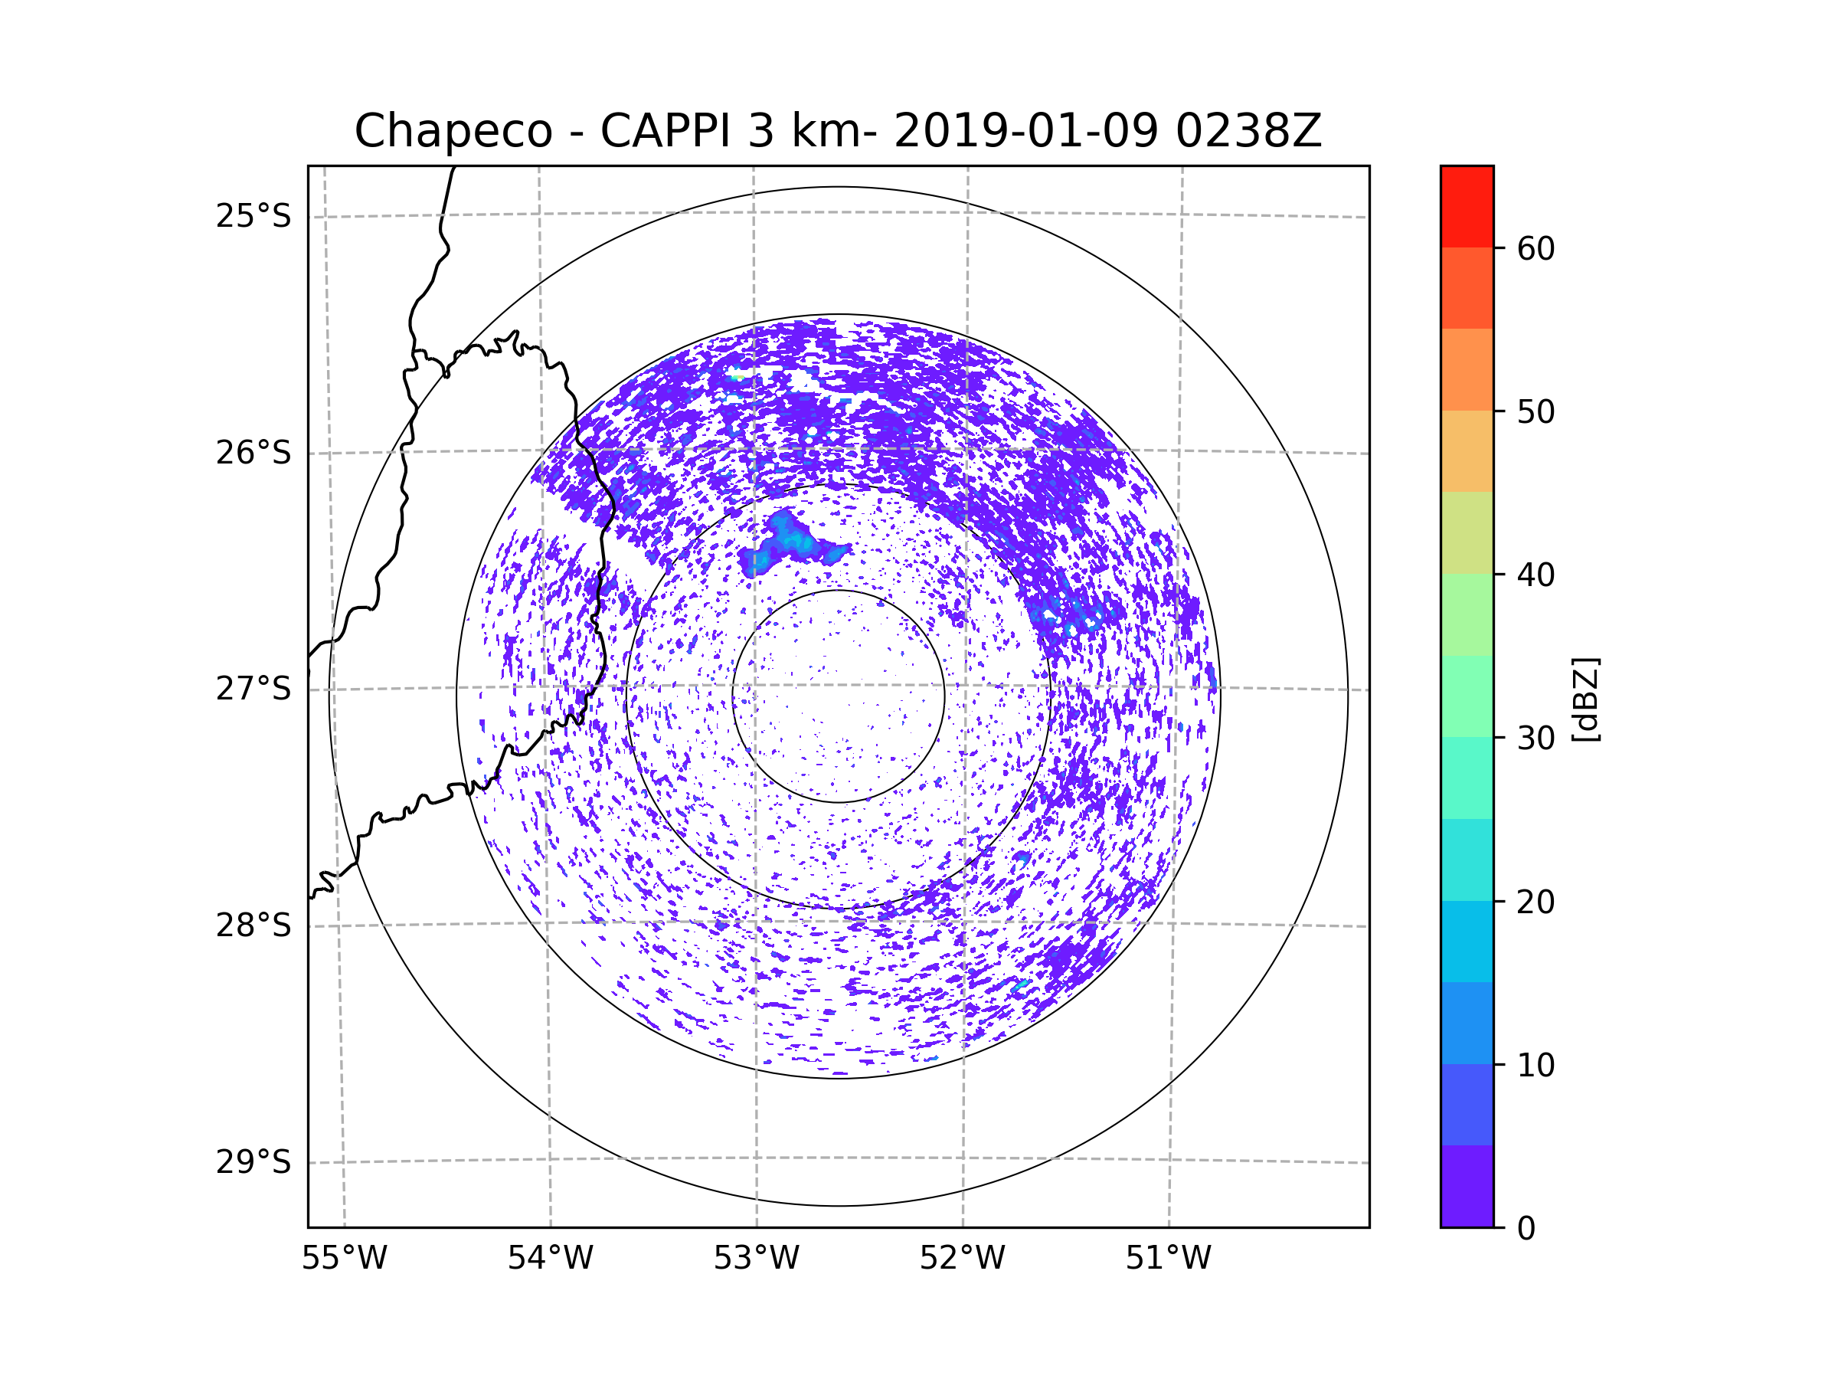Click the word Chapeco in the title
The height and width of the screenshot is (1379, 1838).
(453, 131)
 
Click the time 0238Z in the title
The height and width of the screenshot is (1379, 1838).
(1248, 131)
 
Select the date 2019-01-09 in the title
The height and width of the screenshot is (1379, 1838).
(1025, 131)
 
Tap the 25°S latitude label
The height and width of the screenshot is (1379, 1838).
(253, 216)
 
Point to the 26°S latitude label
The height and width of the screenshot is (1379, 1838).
(253, 453)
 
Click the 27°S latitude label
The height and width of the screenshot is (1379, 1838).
(253, 689)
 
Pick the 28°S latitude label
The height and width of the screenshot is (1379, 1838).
(253, 925)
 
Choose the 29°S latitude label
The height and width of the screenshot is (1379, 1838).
(253, 1162)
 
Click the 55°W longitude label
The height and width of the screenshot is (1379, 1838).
(344, 1259)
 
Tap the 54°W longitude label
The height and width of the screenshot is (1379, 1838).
(550, 1259)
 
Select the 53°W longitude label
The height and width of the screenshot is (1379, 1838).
(756, 1259)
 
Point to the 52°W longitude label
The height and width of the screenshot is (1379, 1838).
(962, 1259)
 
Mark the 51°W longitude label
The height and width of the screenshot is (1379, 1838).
(1168, 1259)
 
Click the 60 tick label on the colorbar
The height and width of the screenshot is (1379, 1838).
(1535, 248)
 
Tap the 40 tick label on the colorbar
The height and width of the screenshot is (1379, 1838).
(1535, 575)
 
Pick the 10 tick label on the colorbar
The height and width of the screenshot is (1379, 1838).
(1535, 1065)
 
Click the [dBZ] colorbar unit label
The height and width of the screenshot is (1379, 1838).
(1585, 699)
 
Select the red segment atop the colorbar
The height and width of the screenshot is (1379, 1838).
(1467, 206)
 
